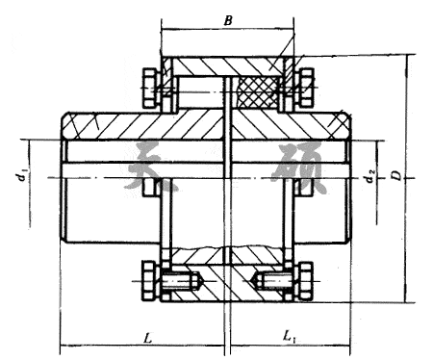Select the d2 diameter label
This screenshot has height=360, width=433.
pyautogui.click(x=370, y=175)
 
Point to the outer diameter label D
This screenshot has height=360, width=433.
pyautogui.click(x=395, y=175)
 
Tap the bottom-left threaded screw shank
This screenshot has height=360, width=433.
pyautogui.click(x=181, y=282)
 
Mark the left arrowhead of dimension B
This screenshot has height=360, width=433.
pyautogui.click(x=165, y=29)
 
